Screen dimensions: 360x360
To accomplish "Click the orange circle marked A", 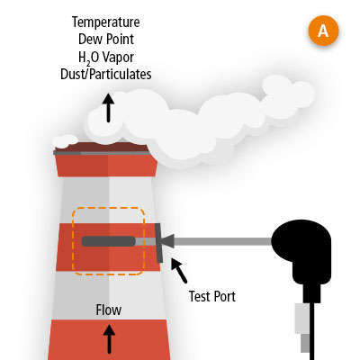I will [323, 31].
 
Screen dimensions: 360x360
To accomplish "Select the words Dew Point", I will [109, 40].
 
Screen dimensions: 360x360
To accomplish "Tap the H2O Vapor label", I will [109, 58].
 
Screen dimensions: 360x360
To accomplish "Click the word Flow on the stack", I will [109, 310].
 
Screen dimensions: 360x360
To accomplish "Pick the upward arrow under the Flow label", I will [109, 339].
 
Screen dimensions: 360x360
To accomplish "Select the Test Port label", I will [212, 294].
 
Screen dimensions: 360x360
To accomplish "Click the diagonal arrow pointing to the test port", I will [179, 269].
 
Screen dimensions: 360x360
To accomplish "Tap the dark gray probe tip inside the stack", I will [108, 241].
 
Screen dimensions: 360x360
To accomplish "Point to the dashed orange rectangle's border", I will [74, 241].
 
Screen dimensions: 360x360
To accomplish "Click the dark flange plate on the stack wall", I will [160, 241].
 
